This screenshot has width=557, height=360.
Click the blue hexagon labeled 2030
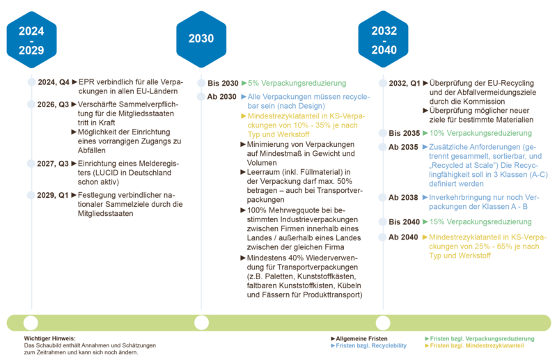201,39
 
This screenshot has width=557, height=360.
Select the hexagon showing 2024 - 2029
31,40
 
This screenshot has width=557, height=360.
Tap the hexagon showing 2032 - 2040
384,39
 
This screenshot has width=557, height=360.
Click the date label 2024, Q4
54,82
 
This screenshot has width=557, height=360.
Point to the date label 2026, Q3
53,104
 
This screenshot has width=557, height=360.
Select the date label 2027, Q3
53,164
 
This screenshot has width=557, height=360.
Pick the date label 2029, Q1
53,196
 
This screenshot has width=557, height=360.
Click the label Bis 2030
223,84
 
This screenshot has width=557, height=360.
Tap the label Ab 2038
403,198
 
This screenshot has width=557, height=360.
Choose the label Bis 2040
405,222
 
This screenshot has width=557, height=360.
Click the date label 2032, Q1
405,84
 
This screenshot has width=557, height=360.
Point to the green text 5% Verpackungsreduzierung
297,83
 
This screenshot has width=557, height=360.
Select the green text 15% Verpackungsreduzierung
480,221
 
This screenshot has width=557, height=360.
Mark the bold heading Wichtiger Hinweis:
49,338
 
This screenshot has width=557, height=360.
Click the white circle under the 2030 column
201,323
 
